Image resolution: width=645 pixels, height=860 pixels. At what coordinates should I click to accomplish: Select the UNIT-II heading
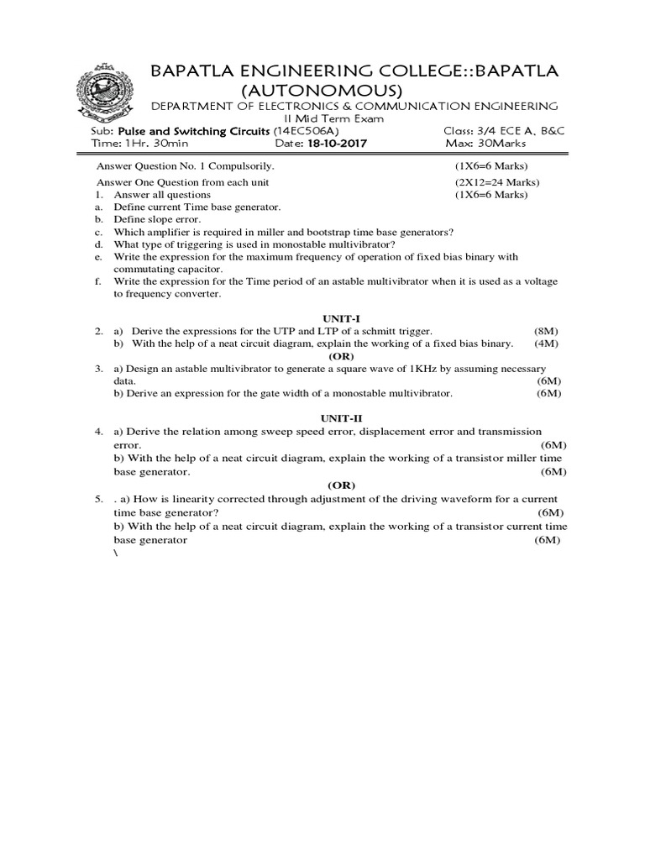coord(340,417)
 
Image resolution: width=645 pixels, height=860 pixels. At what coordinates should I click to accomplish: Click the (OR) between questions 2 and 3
coord(340,356)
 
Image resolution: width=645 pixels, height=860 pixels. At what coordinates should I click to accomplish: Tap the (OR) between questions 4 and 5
coord(340,485)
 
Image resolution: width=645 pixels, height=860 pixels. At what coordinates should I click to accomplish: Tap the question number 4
coord(98,431)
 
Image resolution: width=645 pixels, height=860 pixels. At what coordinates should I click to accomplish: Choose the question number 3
coord(98,369)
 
